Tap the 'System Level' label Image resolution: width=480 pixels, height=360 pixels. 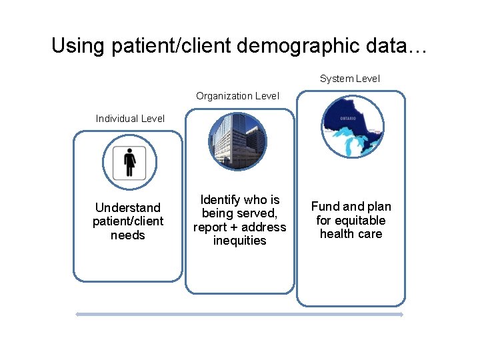click(x=349, y=79)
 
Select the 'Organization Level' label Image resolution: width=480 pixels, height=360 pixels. click(x=237, y=96)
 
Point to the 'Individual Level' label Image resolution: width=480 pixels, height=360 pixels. click(x=130, y=119)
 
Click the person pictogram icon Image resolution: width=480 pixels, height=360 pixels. click(x=129, y=162)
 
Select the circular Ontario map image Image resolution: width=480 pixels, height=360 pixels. click(x=352, y=127)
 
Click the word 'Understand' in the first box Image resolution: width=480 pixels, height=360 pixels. click(x=127, y=207)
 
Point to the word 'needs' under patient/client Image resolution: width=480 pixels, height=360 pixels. click(x=127, y=235)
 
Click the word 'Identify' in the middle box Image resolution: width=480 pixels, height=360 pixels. click(x=221, y=200)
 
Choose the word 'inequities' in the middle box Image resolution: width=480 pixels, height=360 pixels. click(x=239, y=241)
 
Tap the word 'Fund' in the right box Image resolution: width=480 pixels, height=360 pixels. click(x=325, y=207)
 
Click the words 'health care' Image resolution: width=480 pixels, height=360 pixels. click(x=351, y=234)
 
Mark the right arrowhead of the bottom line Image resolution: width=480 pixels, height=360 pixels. click(x=401, y=314)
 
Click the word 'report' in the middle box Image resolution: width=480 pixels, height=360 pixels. click(x=211, y=227)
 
